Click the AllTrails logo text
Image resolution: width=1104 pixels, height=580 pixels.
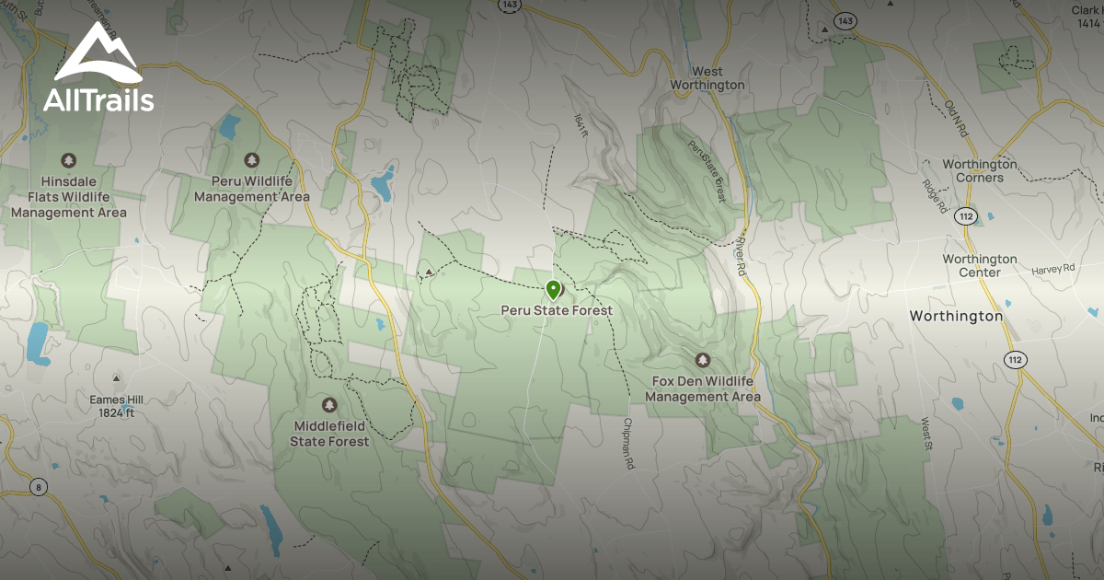[98, 99]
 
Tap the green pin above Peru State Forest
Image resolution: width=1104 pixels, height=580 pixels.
[553, 290]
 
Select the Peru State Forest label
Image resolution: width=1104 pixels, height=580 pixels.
[557, 311]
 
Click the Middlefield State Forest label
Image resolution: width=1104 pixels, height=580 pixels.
[329, 434]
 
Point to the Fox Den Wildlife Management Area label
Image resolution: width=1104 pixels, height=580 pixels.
[703, 389]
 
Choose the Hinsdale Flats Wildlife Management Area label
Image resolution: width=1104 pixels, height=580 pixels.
[68, 197]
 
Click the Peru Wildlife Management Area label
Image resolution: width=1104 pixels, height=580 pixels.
[252, 189]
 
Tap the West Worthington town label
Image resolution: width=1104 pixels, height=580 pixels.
[707, 78]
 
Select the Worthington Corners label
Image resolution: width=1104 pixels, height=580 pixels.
[979, 170]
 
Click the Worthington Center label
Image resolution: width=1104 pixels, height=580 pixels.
[979, 265]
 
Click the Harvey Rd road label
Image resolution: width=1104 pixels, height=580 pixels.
[1053, 270]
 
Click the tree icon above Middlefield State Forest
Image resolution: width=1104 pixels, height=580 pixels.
[329, 405]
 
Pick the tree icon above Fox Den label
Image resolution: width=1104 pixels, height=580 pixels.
[703, 360]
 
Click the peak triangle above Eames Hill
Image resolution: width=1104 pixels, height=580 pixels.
[117, 378]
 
